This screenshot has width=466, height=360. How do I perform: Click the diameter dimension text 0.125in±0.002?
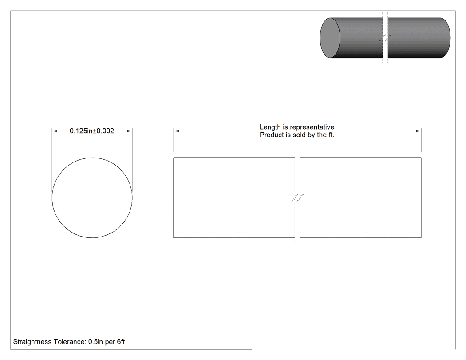pos(92,131)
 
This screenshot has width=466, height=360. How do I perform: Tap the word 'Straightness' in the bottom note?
pos(32,342)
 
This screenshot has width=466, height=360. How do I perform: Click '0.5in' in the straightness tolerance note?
pos(95,342)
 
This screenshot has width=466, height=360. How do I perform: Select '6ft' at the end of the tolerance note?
pos(121,342)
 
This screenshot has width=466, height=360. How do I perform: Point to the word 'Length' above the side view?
pos(270,127)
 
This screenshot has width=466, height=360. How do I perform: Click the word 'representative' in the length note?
pos(312,127)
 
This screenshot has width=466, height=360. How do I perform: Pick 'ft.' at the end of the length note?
pos(331,135)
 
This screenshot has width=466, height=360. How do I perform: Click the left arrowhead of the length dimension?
pos(176,131)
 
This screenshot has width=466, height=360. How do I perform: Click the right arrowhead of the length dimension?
pos(419,131)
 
